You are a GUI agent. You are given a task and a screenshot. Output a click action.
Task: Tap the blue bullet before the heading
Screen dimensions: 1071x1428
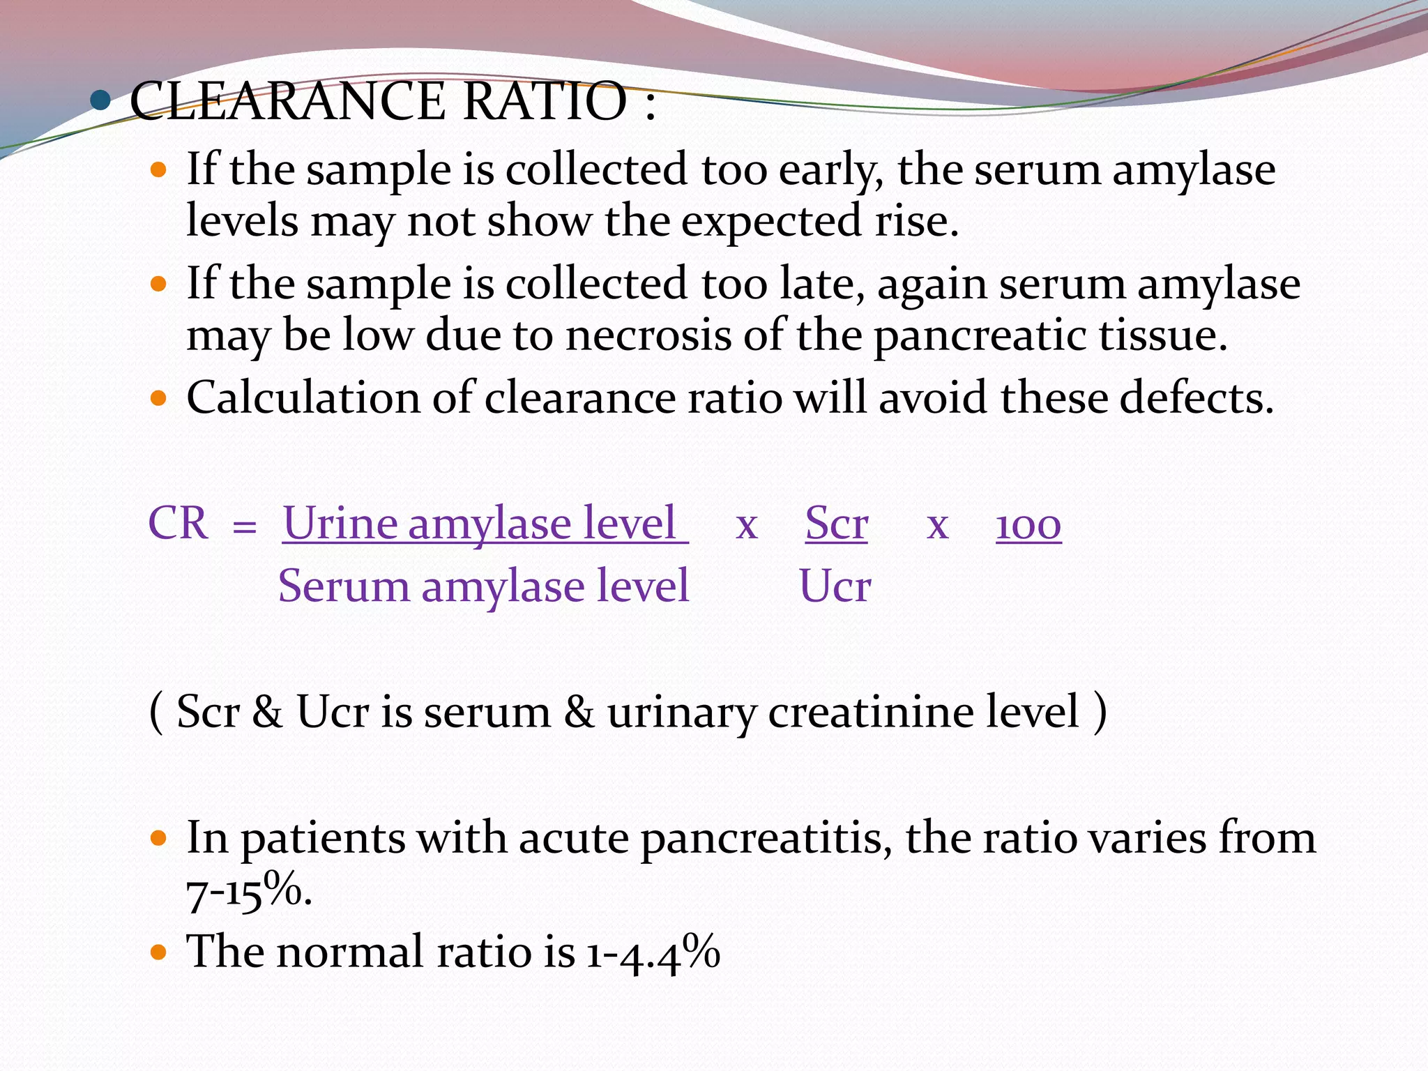[100, 101]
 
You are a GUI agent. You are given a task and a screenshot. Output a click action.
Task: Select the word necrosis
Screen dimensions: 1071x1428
[648, 335]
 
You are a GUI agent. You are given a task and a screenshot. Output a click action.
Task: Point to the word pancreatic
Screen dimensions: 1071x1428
[980, 335]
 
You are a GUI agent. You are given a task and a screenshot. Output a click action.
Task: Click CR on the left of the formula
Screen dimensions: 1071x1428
[178, 523]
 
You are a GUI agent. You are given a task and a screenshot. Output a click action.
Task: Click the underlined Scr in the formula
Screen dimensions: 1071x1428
[836, 523]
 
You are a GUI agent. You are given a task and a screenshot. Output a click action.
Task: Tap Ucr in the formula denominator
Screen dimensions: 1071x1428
[835, 586]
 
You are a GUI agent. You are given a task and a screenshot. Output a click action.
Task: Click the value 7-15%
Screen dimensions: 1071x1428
[248, 892]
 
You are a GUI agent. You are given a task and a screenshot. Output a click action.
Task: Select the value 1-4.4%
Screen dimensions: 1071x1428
[652, 952]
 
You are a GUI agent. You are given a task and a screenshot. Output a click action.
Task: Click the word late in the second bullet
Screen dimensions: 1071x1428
[821, 284]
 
